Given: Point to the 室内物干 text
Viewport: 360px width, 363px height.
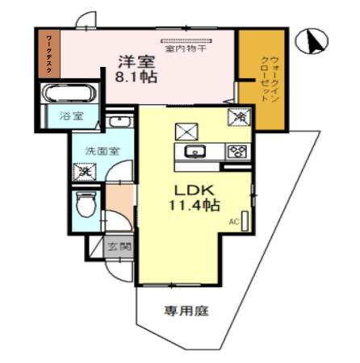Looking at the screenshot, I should [x=186, y=49].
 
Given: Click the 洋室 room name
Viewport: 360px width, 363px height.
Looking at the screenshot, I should [x=132, y=61].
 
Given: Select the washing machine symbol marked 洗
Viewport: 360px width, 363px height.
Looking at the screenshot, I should [x=83, y=171].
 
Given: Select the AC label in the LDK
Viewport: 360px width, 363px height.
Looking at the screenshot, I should [x=233, y=221].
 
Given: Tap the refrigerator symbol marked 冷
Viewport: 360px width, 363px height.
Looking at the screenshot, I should [x=241, y=118].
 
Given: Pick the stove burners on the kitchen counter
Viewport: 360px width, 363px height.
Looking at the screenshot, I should [x=237, y=151].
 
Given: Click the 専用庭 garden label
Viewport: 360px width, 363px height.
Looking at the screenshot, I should [x=186, y=311].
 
